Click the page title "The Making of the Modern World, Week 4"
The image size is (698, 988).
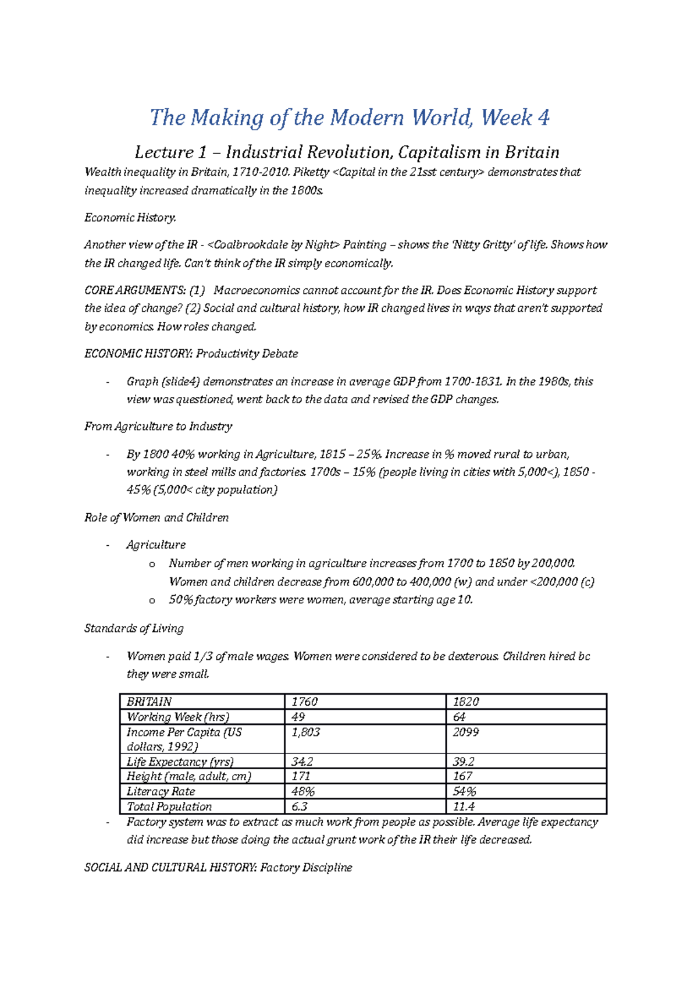(350, 118)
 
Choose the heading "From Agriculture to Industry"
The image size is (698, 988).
(158, 427)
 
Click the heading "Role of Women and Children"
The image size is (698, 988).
(156, 518)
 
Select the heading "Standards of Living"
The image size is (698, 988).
(134, 628)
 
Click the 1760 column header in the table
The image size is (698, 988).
(305, 702)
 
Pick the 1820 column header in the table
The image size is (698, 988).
(466, 702)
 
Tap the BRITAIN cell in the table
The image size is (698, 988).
(149, 702)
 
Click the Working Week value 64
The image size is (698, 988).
(460, 717)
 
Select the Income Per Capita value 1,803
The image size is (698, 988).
(306, 732)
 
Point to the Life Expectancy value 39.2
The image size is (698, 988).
(464, 762)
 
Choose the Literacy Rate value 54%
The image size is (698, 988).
(465, 791)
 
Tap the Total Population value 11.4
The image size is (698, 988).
(464, 806)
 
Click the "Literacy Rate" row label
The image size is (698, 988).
(161, 791)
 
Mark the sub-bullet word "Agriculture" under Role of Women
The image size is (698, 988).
(156, 545)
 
